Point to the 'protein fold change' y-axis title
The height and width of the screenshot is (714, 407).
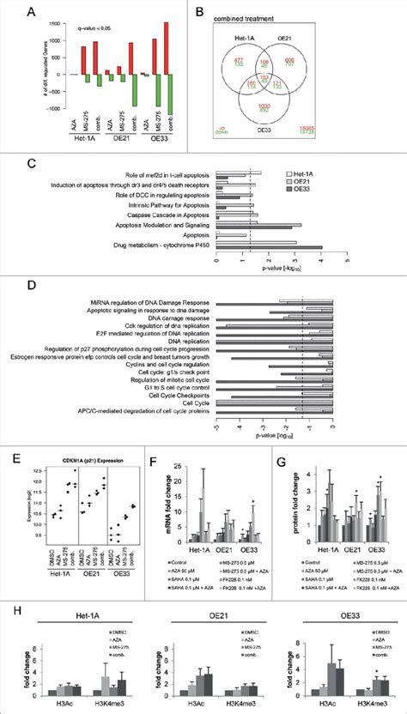point(276,501)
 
